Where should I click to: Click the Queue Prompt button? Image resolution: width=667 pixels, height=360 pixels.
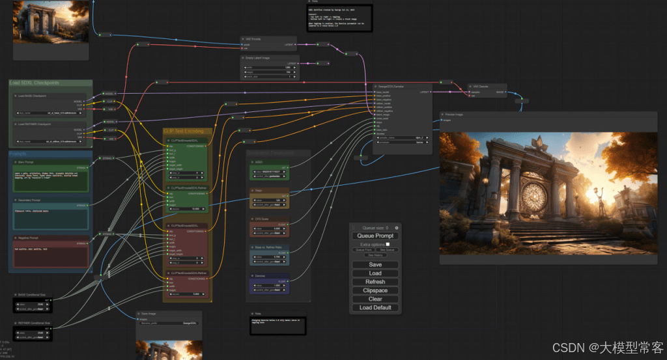375,236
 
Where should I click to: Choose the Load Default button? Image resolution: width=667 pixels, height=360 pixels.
375,307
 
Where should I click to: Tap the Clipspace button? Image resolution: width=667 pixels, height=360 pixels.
375,290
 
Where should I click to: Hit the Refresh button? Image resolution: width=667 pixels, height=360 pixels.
375,282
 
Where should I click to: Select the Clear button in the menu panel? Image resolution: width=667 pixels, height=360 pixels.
375,299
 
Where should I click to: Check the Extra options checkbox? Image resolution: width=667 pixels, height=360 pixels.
388,244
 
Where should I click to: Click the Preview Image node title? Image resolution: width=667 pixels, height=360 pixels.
455,114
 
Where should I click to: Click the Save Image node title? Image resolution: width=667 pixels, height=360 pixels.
150,314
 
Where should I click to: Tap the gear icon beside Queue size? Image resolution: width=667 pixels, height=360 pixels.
397,227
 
